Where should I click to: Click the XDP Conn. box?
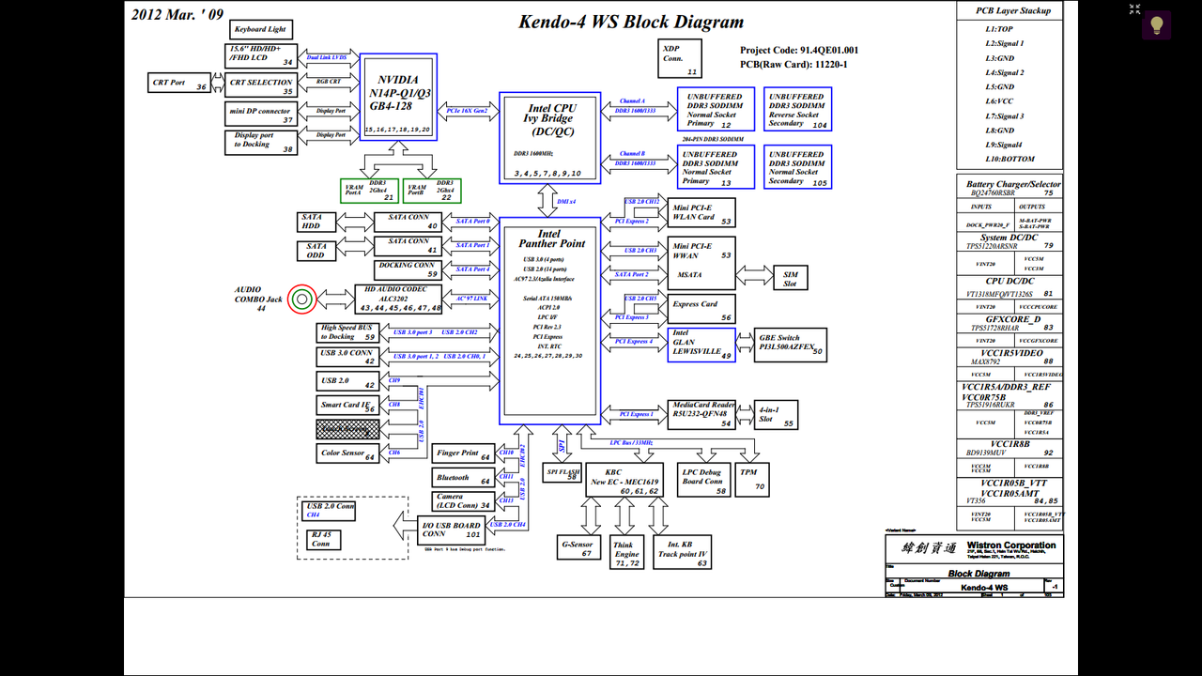pos(679,58)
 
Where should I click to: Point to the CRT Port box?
pos(179,83)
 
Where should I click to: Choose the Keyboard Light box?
pos(259,29)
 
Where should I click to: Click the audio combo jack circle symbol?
pos(301,300)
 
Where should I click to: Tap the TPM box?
pos(749,479)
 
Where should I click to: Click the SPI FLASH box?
pos(562,472)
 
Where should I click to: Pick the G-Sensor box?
pos(578,547)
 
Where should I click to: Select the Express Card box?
pos(701,310)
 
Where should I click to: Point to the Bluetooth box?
pos(462,477)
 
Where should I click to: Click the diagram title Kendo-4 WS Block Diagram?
pos(631,23)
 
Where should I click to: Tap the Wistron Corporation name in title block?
pos(1010,545)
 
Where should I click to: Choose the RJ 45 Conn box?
pos(322,540)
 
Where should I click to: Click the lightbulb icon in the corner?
pos(1156,25)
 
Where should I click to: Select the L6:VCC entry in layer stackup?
pos(999,101)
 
